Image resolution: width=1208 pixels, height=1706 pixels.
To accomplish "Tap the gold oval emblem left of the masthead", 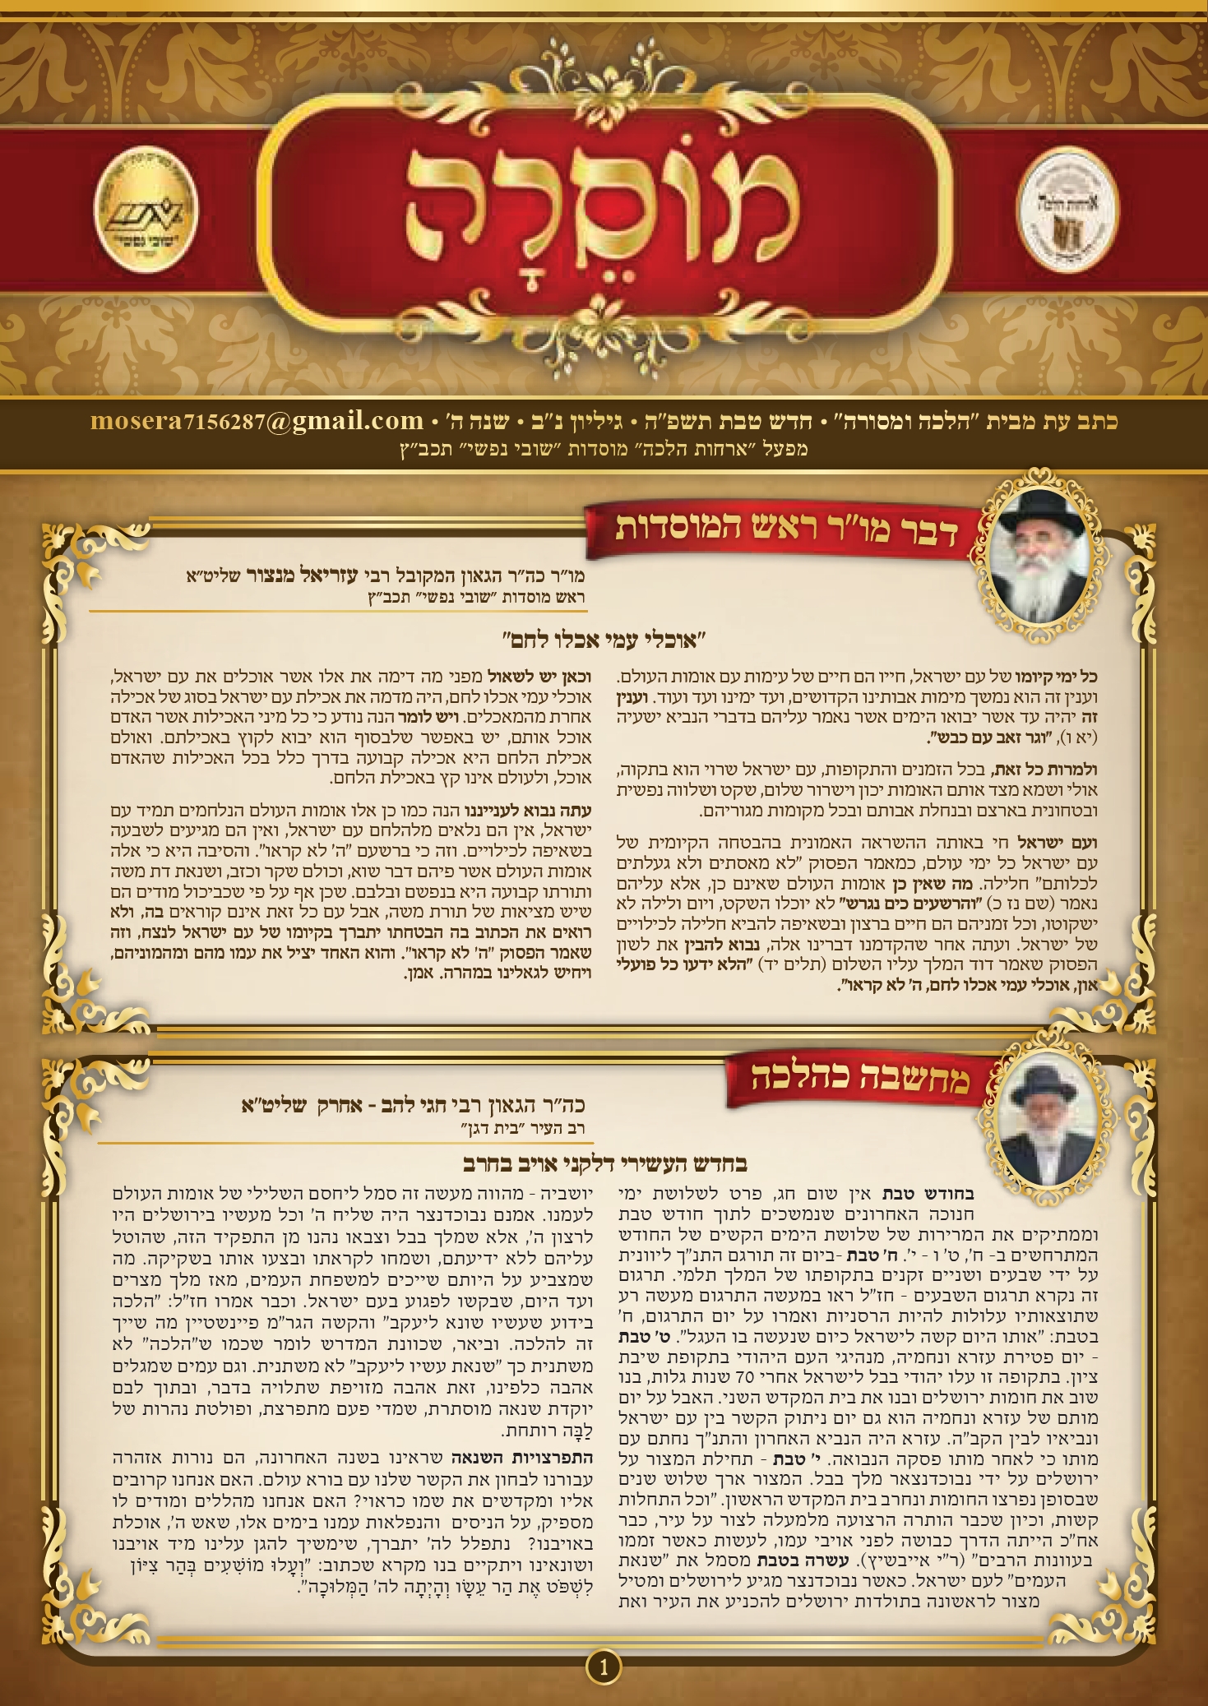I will [146, 211].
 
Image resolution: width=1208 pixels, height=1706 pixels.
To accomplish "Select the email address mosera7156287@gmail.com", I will [257, 422].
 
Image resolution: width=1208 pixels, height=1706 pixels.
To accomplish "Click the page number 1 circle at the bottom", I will [603, 1666].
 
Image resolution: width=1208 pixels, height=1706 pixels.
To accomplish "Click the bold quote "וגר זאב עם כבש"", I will [987, 737].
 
